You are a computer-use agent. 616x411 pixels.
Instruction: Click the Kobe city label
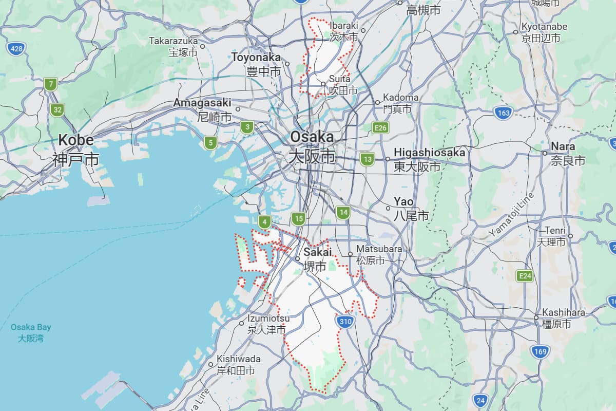click(x=75, y=140)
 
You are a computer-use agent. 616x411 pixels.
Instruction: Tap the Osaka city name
click(x=312, y=137)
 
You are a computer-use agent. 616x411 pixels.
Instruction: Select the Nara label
click(x=563, y=146)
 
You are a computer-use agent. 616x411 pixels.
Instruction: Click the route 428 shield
click(x=17, y=49)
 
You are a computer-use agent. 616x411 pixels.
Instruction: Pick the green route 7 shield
click(x=50, y=84)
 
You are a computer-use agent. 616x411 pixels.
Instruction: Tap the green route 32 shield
click(x=57, y=109)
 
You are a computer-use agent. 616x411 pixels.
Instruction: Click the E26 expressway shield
click(x=380, y=127)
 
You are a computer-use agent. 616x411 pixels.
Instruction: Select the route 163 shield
click(x=504, y=113)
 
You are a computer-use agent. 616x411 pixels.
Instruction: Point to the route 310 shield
click(x=345, y=322)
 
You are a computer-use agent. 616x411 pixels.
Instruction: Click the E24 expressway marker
click(x=525, y=276)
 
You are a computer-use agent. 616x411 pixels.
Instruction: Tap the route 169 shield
click(x=540, y=352)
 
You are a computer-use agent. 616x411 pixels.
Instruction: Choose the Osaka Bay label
click(x=31, y=327)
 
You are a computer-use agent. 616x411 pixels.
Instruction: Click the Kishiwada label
click(x=238, y=359)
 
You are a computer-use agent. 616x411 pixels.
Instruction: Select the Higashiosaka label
click(x=429, y=153)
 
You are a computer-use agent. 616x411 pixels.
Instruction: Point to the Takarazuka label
click(x=174, y=41)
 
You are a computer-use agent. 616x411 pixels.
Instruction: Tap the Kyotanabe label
click(x=544, y=27)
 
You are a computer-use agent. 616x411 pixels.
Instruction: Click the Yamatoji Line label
click(x=511, y=214)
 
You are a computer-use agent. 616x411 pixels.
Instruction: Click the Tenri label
click(x=555, y=230)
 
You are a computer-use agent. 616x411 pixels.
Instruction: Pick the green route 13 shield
click(x=367, y=159)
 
